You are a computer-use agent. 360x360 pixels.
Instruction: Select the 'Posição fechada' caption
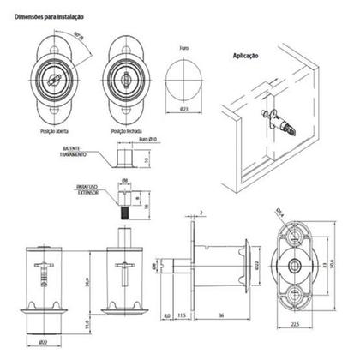tap(126, 130)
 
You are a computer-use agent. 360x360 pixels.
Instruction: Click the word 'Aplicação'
tap(246, 56)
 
